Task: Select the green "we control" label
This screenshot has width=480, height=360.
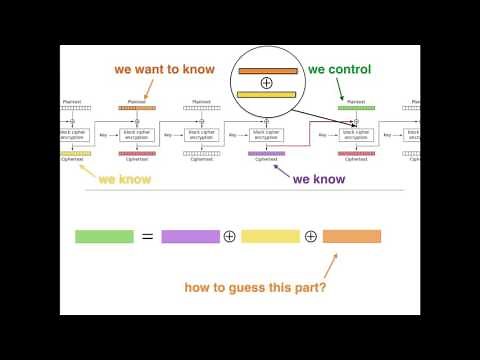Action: point(339,70)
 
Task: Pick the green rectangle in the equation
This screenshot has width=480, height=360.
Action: point(104,237)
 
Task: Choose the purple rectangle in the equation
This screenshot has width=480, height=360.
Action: point(190,237)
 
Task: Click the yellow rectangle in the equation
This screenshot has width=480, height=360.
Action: point(270,237)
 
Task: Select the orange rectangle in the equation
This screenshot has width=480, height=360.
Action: point(352,237)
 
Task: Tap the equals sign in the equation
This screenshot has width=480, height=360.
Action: point(147,237)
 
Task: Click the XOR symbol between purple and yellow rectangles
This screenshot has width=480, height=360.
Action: point(230,237)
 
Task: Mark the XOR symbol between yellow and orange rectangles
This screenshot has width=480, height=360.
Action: point(311,237)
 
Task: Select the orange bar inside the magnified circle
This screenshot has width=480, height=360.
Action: point(267,71)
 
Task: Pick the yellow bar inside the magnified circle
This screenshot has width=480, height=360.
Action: point(267,94)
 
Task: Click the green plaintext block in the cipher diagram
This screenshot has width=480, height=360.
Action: point(356,107)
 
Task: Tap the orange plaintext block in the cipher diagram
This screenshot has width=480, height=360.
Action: point(137,107)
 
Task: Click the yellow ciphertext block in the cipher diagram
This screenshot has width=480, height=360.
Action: point(76,153)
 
